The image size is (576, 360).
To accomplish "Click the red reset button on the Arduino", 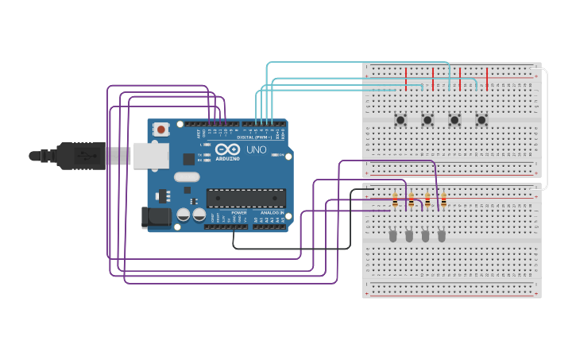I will (x=161, y=129).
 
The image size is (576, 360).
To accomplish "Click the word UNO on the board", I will (x=256, y=149).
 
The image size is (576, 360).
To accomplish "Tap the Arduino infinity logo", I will (x=227, y=149).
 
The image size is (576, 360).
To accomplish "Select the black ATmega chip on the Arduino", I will (x=246, y=198).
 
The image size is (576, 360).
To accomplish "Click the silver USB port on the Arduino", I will (x=151, y=155).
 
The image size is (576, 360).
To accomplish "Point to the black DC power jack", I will (x=156, y=217).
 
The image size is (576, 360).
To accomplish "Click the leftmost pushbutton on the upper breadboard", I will (x=400, y=120).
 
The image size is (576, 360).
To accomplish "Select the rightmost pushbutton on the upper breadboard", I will (x=481, y=120).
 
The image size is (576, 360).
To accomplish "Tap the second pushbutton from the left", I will (x=427, y=120).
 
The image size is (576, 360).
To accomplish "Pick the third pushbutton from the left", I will (x=454, y=120).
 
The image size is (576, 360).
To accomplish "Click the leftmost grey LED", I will (x=392, y=235).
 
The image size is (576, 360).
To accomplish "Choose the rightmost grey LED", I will (x=442, y=235).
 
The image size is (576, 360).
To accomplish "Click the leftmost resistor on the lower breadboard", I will (x=395, y=202).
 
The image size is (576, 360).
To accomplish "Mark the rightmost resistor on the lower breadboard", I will (x=443, y=200).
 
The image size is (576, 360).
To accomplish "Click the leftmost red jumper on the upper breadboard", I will (x=406, y=79).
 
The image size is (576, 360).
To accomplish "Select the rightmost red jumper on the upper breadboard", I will (x=487, y=79).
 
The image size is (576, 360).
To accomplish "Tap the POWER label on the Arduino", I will (x=238, y=213).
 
